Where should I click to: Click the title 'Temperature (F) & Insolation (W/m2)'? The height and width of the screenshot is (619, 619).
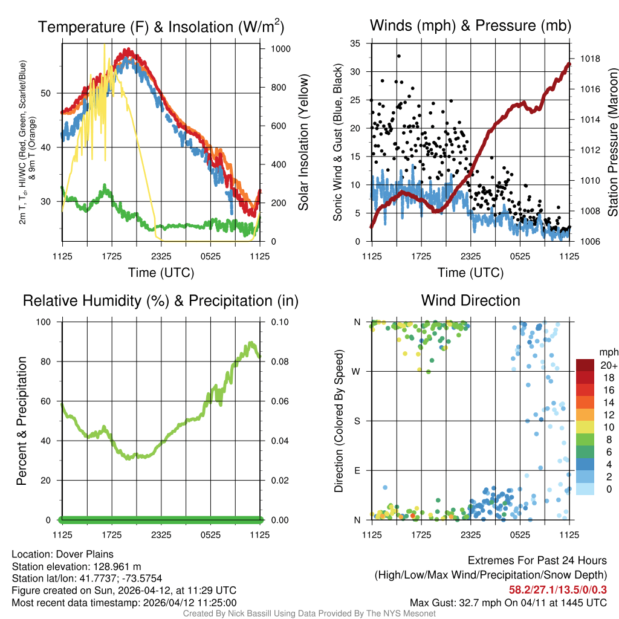coord(161,27)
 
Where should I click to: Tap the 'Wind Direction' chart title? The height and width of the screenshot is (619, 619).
coord(470,300)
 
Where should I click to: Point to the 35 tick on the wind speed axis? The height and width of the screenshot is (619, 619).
coord(355,44)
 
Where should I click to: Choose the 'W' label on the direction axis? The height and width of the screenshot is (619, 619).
coord(357,371)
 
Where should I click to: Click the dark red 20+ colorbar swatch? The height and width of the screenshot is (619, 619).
coord(585,365)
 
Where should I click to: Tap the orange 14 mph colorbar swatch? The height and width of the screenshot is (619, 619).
coord(585,403)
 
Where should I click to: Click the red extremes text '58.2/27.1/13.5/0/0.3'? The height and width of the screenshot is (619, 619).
coord(557,589)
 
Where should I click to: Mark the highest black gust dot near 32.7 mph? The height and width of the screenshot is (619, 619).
coord(399,56)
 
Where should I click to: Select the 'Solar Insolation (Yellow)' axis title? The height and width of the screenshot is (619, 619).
coord(303,143)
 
